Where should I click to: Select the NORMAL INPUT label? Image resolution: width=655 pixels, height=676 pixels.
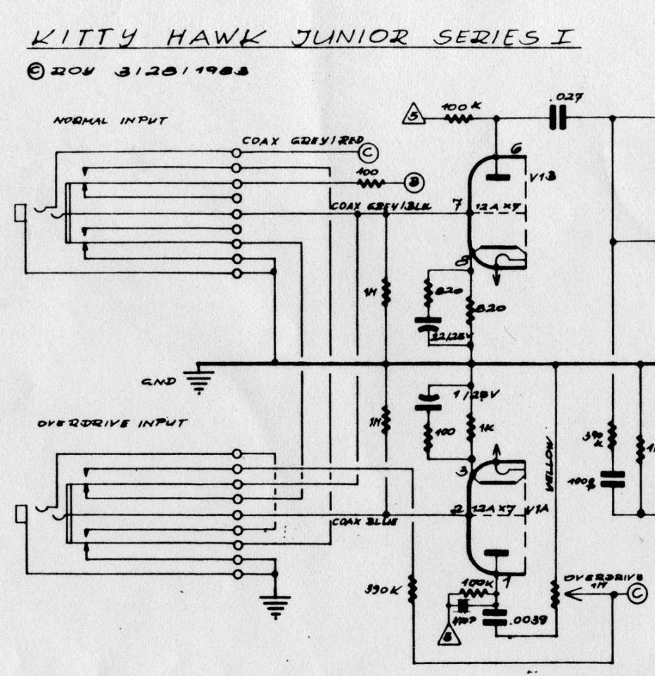pyautogui.click(x=111, y=120)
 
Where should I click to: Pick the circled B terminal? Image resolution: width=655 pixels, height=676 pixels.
pyautogui.click(x=414, y=183)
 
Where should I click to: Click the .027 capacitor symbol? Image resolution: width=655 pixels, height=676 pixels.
pyautogui.click(x=558, y=118)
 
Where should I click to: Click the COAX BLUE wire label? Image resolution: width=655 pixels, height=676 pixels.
pyautogui.click(x=356, y=522)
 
